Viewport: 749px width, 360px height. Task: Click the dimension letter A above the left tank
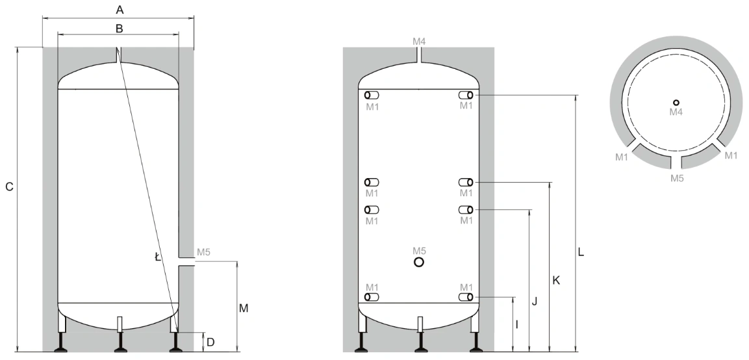pyautogui.click(x=120, y=9)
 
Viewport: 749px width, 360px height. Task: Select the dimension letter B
pyautogui.click(x=120, y=28)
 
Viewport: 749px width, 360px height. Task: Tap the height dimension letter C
pyautogui.click(x=9, y=187)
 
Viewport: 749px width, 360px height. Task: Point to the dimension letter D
pyautogui.click(x=210, y=342)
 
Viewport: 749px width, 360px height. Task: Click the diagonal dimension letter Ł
pyautogui.click(x=158, y=257)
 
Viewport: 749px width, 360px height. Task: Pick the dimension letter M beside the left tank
pyautogui.click(x=244, y=309)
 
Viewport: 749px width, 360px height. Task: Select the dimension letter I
pyautogui.click(x=517, y=325)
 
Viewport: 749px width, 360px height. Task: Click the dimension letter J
pyautogui.click(x=535, y=302)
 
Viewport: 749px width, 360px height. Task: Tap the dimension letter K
pyautogui.click(x=556, y=280)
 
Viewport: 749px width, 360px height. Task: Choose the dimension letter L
pyautogui.click(x=581, y=252)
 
